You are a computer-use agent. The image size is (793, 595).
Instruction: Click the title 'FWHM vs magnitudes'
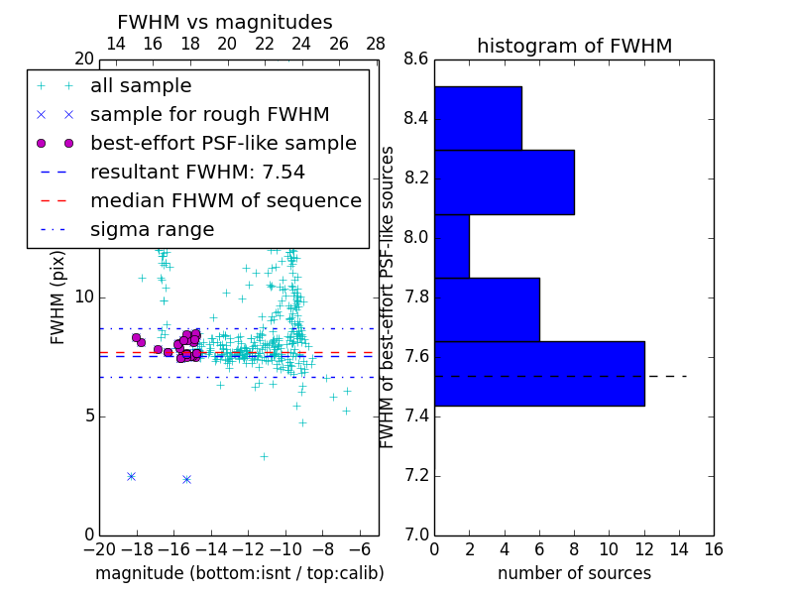225,22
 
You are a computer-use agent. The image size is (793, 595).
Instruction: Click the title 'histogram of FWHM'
574,46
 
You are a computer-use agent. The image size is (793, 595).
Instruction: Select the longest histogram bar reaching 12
539,373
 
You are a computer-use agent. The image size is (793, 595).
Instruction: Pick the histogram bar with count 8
504,181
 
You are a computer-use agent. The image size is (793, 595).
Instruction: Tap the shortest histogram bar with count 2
452,246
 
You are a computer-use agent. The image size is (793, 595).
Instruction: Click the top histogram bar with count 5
478,118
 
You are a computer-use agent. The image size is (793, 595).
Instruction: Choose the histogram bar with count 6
487,309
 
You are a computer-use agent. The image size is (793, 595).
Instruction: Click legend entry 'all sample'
141,86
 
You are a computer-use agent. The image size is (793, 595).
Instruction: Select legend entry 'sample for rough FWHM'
209,115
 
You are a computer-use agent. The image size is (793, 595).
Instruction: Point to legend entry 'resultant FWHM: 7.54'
197,173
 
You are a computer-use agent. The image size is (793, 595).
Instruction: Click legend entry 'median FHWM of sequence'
225,201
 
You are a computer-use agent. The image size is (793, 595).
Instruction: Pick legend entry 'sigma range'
152,230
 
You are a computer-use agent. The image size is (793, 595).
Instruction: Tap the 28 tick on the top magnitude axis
376,44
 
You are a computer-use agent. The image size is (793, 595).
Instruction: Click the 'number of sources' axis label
574,573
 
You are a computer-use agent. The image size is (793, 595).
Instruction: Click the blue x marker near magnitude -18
131,476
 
